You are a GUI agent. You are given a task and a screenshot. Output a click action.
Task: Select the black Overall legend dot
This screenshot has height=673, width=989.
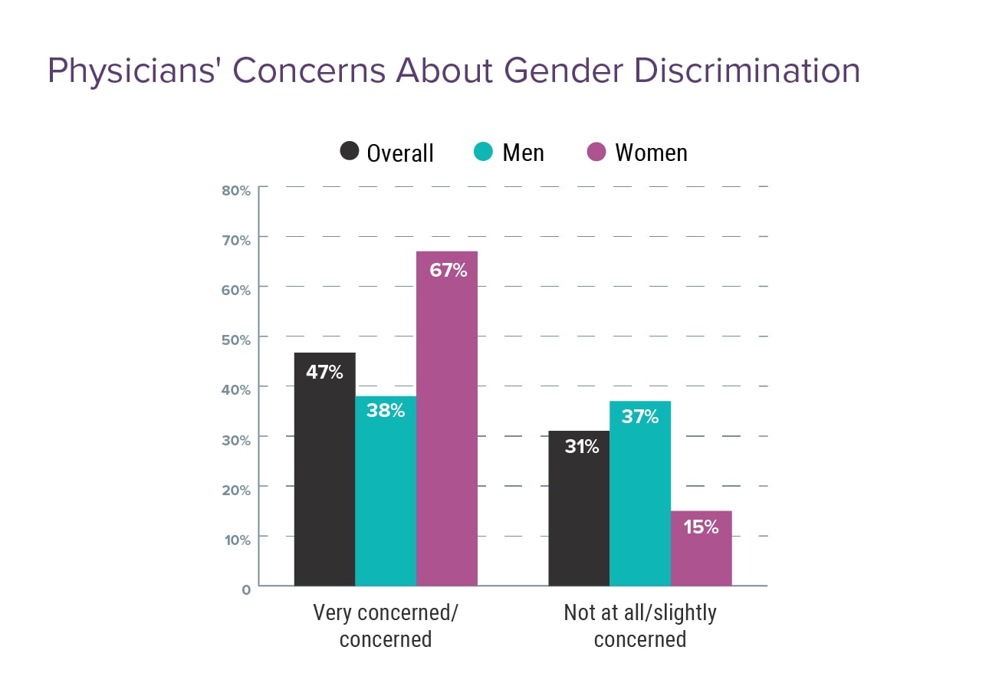350,151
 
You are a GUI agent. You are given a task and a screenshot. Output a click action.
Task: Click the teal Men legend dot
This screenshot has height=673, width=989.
483,151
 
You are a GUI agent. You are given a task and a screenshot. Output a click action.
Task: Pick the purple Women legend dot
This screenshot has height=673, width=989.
596,151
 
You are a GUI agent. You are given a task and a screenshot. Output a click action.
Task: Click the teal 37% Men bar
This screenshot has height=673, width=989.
640,498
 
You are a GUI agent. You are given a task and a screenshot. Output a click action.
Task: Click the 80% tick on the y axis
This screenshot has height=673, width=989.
236,190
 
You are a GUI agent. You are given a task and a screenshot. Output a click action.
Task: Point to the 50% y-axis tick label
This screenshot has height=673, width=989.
236,340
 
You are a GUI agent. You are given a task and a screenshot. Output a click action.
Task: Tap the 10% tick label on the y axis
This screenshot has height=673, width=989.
236,540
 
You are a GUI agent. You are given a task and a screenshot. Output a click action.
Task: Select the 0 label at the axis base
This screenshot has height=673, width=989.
246,589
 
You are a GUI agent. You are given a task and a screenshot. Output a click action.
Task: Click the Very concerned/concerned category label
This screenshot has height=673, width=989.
386,625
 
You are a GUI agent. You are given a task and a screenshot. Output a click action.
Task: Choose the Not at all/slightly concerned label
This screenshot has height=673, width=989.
640,625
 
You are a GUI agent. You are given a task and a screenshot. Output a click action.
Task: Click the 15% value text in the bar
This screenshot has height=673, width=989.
700,527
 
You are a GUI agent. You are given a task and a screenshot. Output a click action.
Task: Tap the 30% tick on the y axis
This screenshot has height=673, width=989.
236,440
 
